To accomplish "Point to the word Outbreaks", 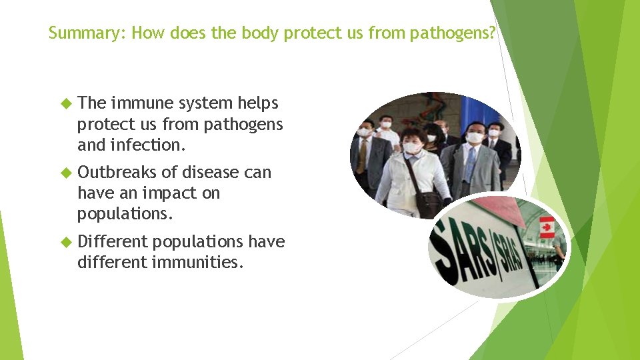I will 118,173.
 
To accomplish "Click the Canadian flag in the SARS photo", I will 547,227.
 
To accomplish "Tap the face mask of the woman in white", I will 412,147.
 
